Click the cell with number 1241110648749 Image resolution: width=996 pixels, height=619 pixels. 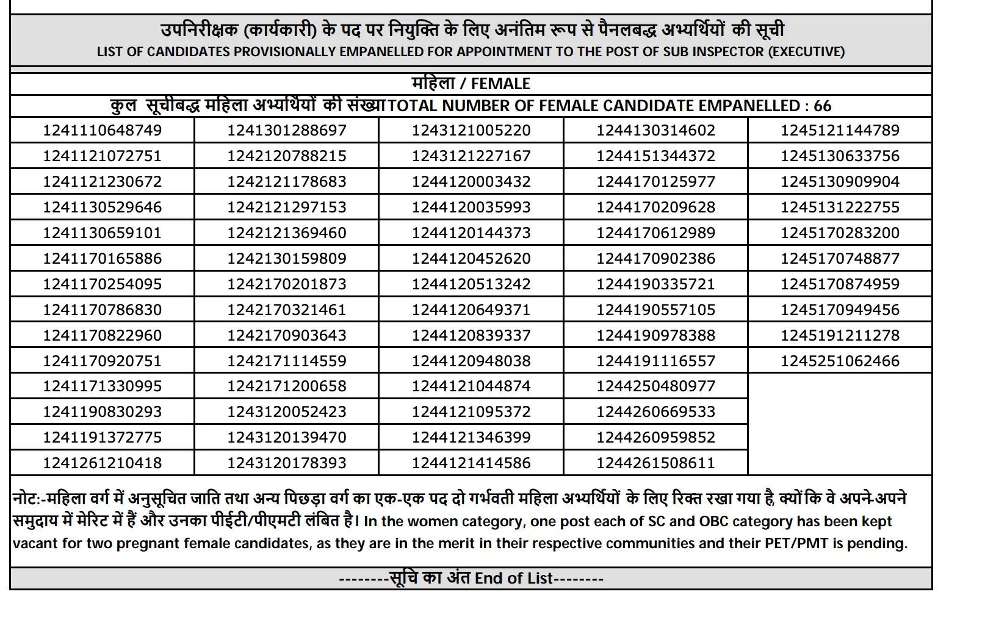coord(103,130)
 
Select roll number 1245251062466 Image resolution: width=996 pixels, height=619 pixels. coord(840,361)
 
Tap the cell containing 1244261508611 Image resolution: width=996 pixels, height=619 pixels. coord(655,463)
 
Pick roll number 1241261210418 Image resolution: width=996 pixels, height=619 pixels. coord(103,463)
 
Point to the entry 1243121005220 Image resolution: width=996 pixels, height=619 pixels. coord(471,130)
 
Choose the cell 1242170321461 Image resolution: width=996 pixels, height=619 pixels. coord(287,309)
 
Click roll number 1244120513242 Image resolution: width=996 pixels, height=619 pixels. coord(471,284)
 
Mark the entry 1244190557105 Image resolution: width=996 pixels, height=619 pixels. coord(655,309)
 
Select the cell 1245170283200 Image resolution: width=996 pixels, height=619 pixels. coord(840,233)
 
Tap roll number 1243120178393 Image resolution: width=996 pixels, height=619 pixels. coord(287,463)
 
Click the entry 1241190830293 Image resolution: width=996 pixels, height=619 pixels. coord(103,411)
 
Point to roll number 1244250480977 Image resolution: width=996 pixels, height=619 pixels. coord(655,386)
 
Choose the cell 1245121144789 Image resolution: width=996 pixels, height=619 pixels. coord(840,130)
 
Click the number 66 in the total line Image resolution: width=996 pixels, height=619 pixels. coord(822,106)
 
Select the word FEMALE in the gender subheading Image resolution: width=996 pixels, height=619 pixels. coord(500,84)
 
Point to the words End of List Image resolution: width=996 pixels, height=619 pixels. coord(514,578)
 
